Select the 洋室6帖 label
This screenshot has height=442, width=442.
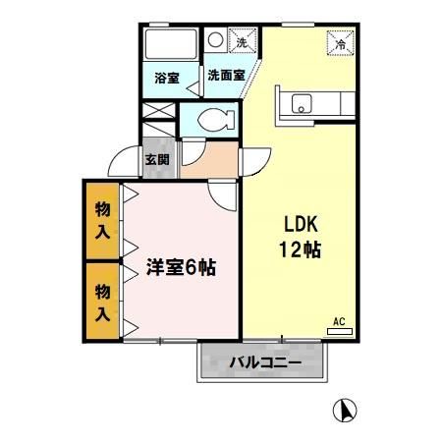tap(182, 266)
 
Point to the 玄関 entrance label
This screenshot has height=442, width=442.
tap(156, 159)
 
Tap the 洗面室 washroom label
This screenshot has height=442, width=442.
tap(225, 75)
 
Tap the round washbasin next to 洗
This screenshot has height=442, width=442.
tap(215, 41)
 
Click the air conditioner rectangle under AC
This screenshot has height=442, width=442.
tap(339, 332)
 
